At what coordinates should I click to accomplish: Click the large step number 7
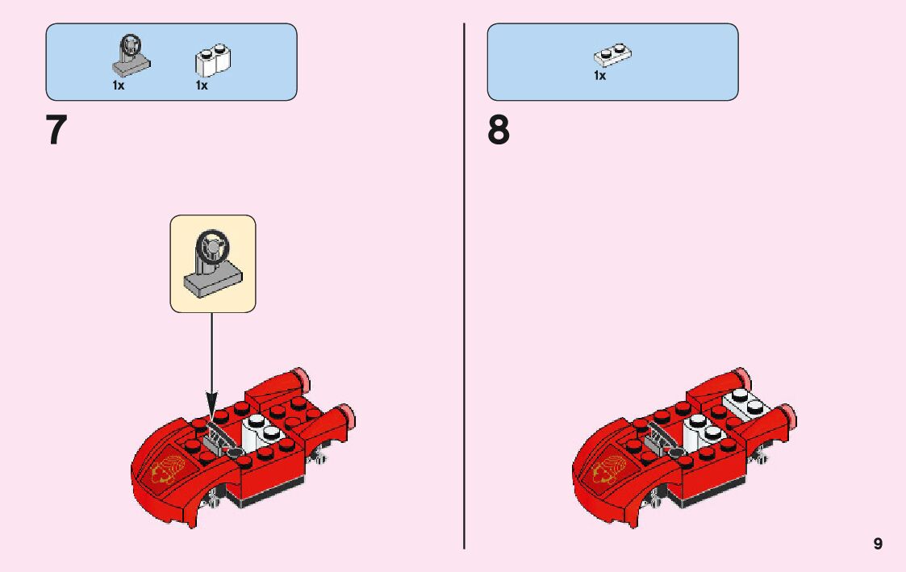click(56, 132)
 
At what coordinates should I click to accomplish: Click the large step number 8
click(499, 132)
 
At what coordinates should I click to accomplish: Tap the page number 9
click(878, 544)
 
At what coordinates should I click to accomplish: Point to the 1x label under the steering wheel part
click(119, 86)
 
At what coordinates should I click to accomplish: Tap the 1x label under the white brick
click(202, 86)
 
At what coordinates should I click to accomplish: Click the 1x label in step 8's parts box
click(599, 76)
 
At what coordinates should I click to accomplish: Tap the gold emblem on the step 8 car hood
click(606, 470)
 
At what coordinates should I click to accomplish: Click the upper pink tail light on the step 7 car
click(301, 375)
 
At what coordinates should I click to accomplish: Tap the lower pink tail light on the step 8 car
click(791, 416)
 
